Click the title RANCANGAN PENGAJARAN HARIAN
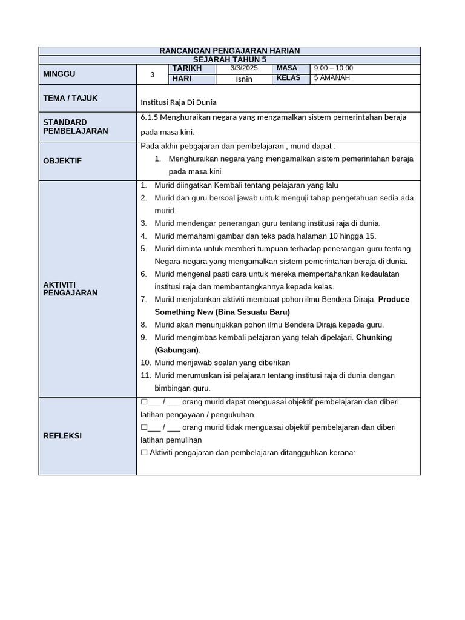[x=229, y=51]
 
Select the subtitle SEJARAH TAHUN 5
[x=229, y=60]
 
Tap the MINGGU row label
[x=59, y=74]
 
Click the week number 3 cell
[x=153, y=74]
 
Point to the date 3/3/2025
[x=244, y=68]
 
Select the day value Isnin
[x=244, y=79]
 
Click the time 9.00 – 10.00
[x=333, y=68]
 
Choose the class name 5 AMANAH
[x=332, y=78]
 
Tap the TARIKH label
[x=186, y=68]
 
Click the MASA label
[x=286, y=68]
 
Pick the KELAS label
[x=288, y=78]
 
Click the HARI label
[x=182, y=79]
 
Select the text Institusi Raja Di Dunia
[x=178, y=102]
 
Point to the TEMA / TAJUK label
[x=70, y=98]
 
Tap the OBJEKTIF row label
[x=62, y=161]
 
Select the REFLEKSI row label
[x=62, y=436]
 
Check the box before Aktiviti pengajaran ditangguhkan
[x=144, y=452]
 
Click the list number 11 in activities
[x=145, y=375]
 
